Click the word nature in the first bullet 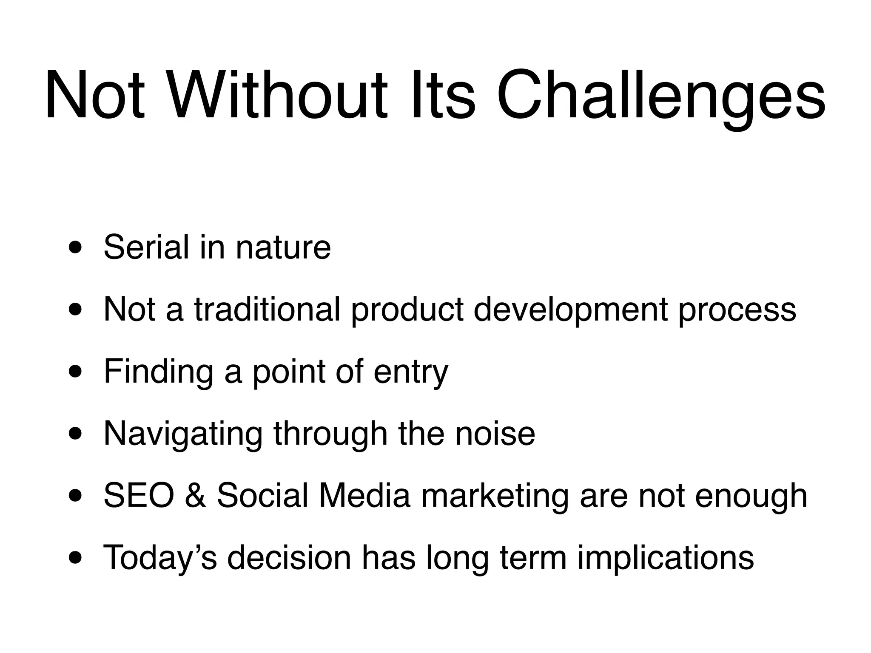coord(283,248)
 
